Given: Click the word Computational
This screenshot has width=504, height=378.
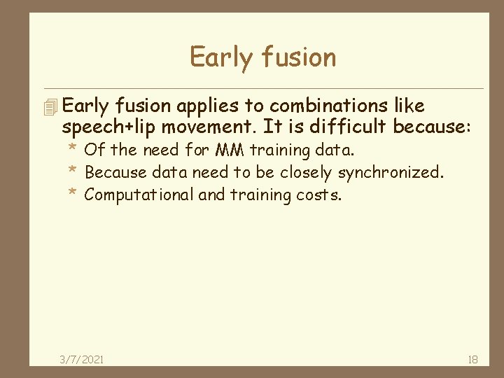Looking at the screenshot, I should (x=139, y=195).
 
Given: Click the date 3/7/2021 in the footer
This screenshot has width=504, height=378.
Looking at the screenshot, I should (x=81, y=359).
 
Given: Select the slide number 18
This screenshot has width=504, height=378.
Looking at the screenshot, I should (x=472, y=359).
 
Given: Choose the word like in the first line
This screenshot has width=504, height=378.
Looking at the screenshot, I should (x=409, y=106).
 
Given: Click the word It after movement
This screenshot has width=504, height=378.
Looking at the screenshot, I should (x=272, y=127).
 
